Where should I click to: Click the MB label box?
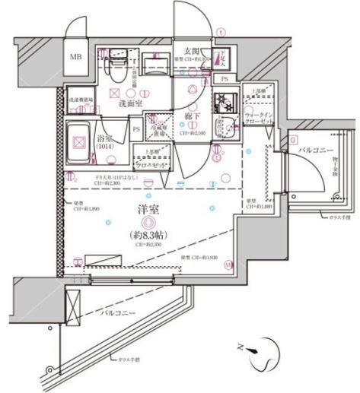pos(77,57)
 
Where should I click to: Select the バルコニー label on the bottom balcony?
pos(116,312)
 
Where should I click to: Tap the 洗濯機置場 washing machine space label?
pos(81,100)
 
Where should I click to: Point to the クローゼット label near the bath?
pos(152,163)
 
